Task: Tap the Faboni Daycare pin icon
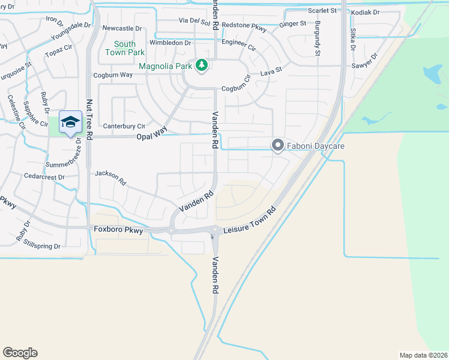pos(277,145)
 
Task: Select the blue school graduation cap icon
pos(70,122)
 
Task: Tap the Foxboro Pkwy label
pos(119,229)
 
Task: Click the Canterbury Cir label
pos(124,126)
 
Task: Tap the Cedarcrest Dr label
pos(44,177)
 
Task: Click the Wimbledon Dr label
pos(170,43)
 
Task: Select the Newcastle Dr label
pos(122,28)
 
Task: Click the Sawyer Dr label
pos(365,61)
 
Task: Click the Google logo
pos(20,353)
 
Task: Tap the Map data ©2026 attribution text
pos(424,355)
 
